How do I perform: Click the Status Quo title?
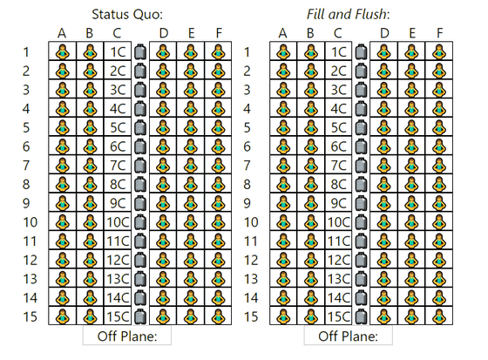(x=127, y=14)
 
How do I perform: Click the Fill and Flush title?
(x=349, y=14)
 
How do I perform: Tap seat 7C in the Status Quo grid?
(x=118, y=165)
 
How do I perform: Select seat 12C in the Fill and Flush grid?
(x=338, y=260)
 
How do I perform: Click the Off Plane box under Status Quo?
(x=127, y=336)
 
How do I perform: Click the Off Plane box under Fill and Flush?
(x=349, y=336)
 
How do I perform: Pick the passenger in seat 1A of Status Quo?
(x=63, y=51)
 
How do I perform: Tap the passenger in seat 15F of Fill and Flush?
(x=439, y=316)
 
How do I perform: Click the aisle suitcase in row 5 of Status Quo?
(x=140, y=127)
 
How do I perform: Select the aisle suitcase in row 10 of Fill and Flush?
(x=362, y=222)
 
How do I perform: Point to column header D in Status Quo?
(x=164, y=33)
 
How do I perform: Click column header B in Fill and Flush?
(x=310, y=33)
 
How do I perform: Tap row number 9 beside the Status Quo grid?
(x=26, y=203)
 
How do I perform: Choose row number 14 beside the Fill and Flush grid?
(x=251, y=298)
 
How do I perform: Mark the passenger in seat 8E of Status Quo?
(x=191, y=184)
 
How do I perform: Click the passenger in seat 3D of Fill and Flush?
(x=384, y=90)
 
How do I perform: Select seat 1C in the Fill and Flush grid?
(x=338, y=51)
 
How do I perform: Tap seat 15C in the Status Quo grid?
(x=118, y=316)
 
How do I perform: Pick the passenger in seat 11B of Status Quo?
(x=90, y=241)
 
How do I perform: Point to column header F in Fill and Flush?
(x=439, y=33)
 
